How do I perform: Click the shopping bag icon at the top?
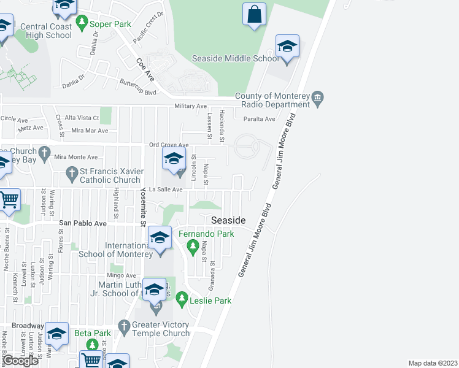click(x=255, y=14)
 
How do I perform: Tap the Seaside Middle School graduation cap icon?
click(x=287, y=48)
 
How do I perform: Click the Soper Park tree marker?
click(x=82, y=24)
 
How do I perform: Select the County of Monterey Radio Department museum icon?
click(x=318, y=98)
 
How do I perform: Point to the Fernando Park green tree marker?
click(x=193, y=247)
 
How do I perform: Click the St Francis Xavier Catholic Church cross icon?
click(x=72, y=172)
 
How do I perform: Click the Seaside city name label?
click(x=228, y=220)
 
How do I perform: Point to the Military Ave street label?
click(x=191, y=106)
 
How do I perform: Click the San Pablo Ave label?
click(x=82, y=223)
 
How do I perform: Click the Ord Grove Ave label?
click(x=169, y=145)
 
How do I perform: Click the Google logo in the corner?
click(x=20, y=361)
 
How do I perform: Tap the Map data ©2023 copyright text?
click(x=433, y=363)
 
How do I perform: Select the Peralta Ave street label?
click(x=259, y=119)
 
